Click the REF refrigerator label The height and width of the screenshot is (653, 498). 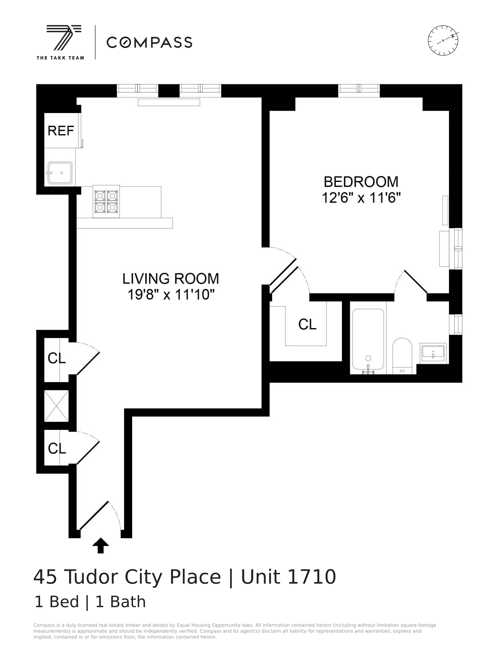pos(60,131)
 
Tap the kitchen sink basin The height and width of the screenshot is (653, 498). pos(60,173)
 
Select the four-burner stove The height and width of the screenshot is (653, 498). pos(106,202)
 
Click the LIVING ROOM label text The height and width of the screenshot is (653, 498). pos(170,279)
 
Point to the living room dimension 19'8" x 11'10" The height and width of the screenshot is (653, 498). pos(170,295)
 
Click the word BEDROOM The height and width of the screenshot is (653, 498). pos(361,182)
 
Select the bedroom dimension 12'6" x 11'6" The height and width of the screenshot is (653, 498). pos(361,198)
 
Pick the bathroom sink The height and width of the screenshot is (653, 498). pos(433,352)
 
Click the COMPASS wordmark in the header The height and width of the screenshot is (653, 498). pos(149,42)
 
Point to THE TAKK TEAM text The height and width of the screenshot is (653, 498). pos(60,58)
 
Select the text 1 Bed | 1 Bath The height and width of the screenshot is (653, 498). pos(90,602)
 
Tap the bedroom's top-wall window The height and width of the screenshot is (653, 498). pos(359,91)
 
